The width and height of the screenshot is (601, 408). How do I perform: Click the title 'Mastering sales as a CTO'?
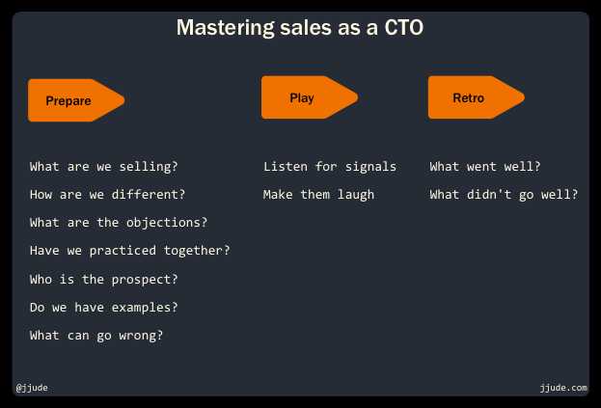(x=300, y=28)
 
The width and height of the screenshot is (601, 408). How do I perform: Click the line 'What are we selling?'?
(x=104, y=167)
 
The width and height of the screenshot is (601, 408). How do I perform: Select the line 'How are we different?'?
(x=108, y=195)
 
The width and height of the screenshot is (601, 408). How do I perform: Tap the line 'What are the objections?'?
(x=119, y=223)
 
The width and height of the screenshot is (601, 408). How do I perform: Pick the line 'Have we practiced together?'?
(x=130, y=251)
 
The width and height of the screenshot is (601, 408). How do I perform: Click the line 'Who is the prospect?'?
(x=104, y=280)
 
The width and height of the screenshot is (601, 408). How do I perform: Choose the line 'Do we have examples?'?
(x=104, y=308)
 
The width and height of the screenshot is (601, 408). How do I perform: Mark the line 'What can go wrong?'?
(x=96, y=336)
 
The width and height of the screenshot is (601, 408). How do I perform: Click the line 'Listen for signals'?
(x=330, y=167)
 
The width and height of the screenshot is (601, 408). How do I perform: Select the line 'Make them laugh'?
(x=318, y=195)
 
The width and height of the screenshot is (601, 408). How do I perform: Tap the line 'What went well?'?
(x=485, y=167)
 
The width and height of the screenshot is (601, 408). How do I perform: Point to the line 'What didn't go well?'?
(x=504, y=195)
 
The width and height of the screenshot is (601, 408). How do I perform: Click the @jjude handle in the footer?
(x=32, y=388)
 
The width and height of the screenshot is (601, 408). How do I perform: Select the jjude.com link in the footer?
(x=563, y=388)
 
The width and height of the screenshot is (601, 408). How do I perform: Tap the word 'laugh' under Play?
(x=356, y=195)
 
